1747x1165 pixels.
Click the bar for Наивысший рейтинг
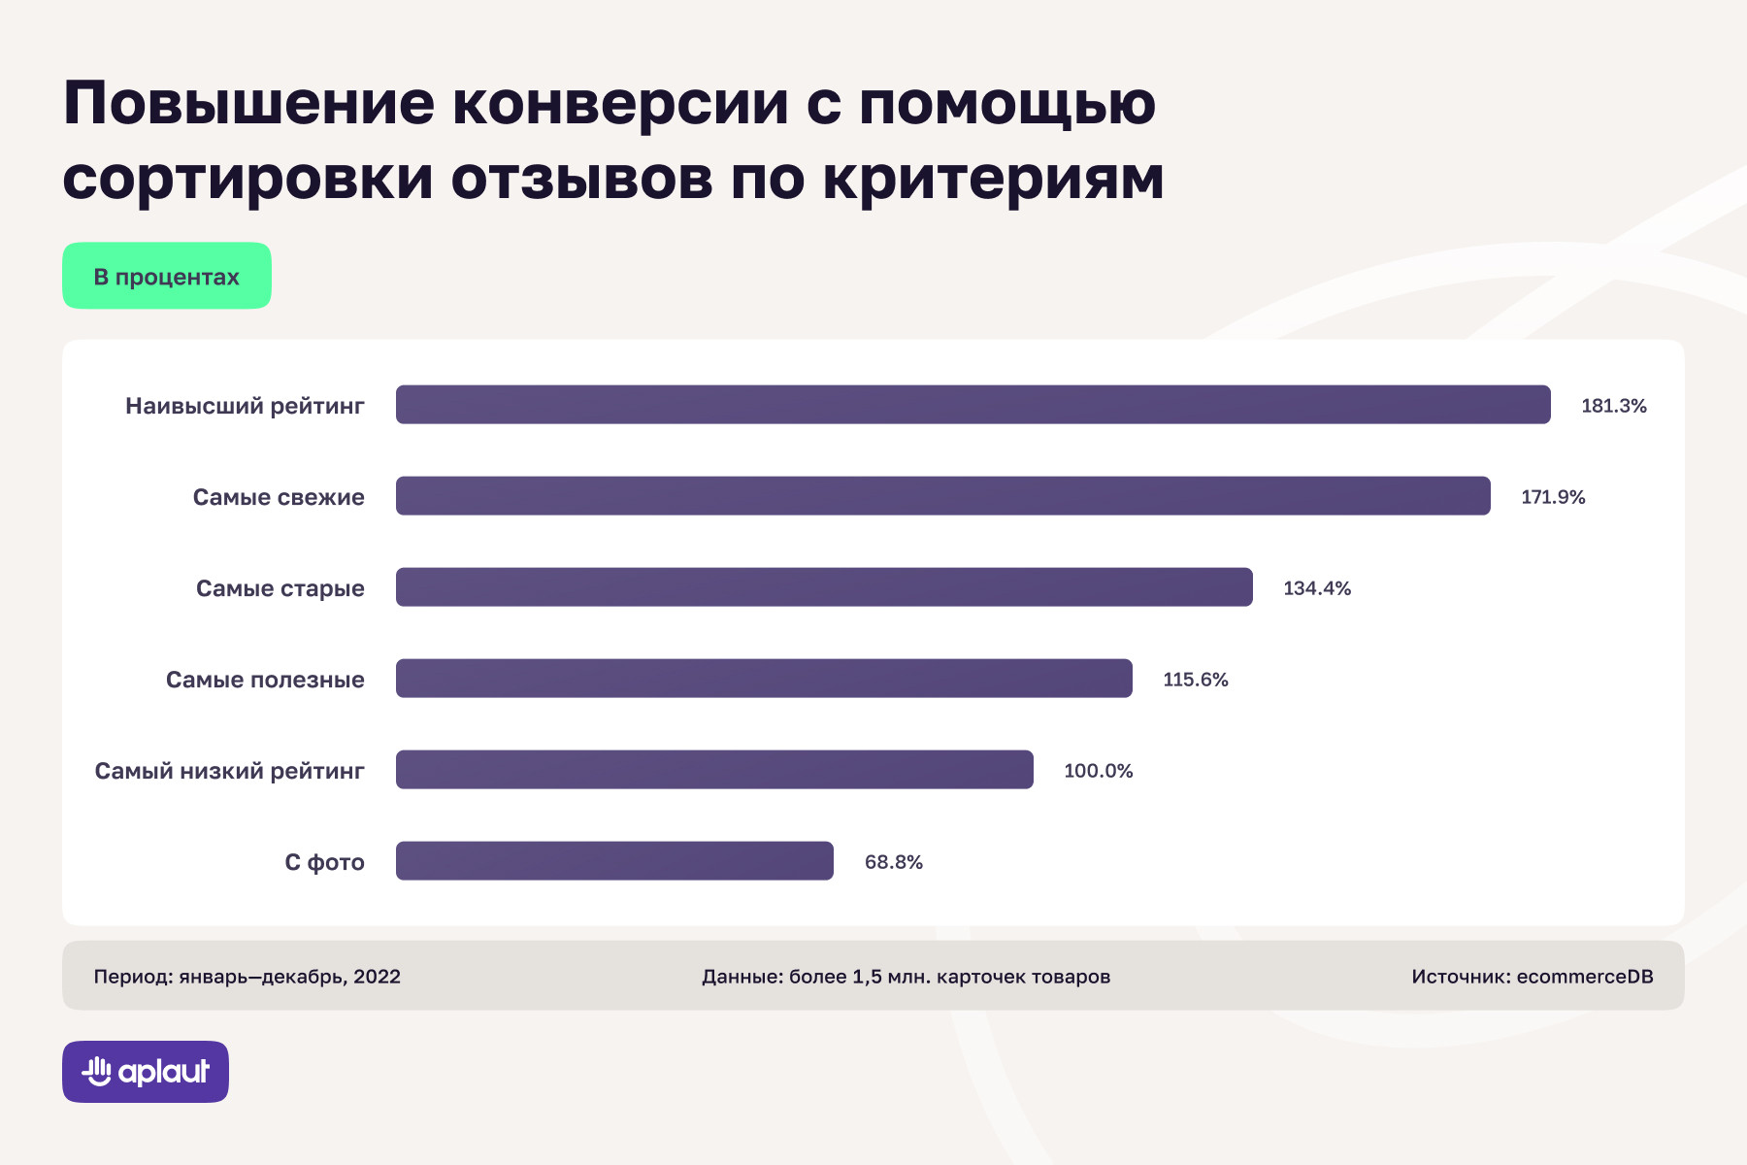[x=972, y=405]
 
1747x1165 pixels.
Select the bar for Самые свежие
[x=942, y=496]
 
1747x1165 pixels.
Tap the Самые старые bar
[x=824, y=587]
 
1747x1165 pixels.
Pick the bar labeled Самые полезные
[x=764, y=679]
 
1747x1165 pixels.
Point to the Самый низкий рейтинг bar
[x=714, y=770]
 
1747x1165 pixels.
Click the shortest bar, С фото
[x=614, y=861]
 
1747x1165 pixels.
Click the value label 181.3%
[x=1613, y=406]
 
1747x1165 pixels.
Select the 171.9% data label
[x=1552, y=497]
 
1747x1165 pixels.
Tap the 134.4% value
[x=1316, y=588]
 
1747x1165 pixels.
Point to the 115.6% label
[x=1195, y=680]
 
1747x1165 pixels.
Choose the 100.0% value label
[x=1098, y=771]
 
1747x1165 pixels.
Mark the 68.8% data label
[x=893, y=862]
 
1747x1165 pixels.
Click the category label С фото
[x=324, y=862]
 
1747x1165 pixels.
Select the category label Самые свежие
[x=279, y=497]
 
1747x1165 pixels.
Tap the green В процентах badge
[x=167, y=277]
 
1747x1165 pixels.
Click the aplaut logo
[x=146, y=1072]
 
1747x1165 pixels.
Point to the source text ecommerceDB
[x=1584, y=977]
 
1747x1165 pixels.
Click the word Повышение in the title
[x=249, y=103]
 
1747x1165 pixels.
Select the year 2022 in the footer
[x=377, y=977]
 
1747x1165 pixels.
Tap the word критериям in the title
[x=993, y=179]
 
